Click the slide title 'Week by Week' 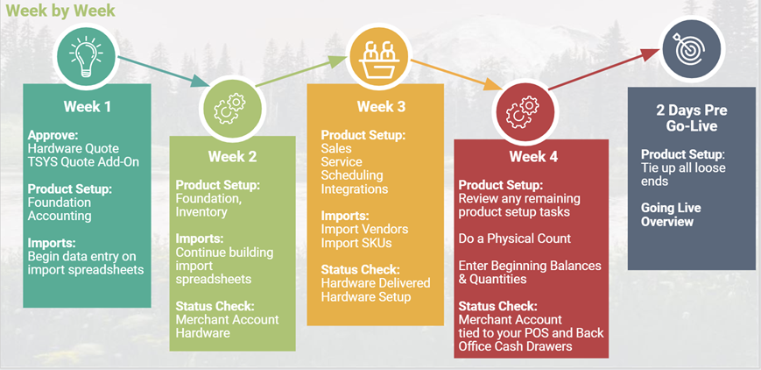(60, 10)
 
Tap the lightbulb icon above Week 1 (86, 56)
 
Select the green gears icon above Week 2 (230, 109)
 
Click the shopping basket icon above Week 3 (378, 56)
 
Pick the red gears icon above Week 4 (522, 112)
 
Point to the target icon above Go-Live (692, 48)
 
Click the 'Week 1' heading (88, 106)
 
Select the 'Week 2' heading (232, 157)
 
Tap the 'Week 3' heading (381, 107)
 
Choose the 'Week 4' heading (534, 157)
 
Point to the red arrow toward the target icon (603, 69)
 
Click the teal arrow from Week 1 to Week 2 (164, 72)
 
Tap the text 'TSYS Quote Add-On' (83, 161)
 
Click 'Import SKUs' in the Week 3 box (356, 242)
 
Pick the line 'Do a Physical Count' (514, 238)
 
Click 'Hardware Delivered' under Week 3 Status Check (376, 282)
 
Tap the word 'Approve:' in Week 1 (53, 135)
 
